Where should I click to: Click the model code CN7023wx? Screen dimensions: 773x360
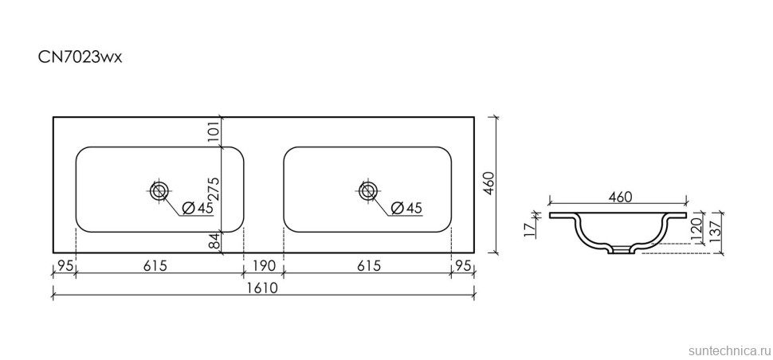[x=80, y=58]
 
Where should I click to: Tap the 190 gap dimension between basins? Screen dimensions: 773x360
[x=264, y=267]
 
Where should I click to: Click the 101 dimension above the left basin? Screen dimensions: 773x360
[x=214, y=131]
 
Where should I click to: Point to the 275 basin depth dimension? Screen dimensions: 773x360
[x=214, y=189]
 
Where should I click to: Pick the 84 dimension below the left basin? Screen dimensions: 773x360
[x=214, y=242]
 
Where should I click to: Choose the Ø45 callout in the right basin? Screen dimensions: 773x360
[x=406, y=209]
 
